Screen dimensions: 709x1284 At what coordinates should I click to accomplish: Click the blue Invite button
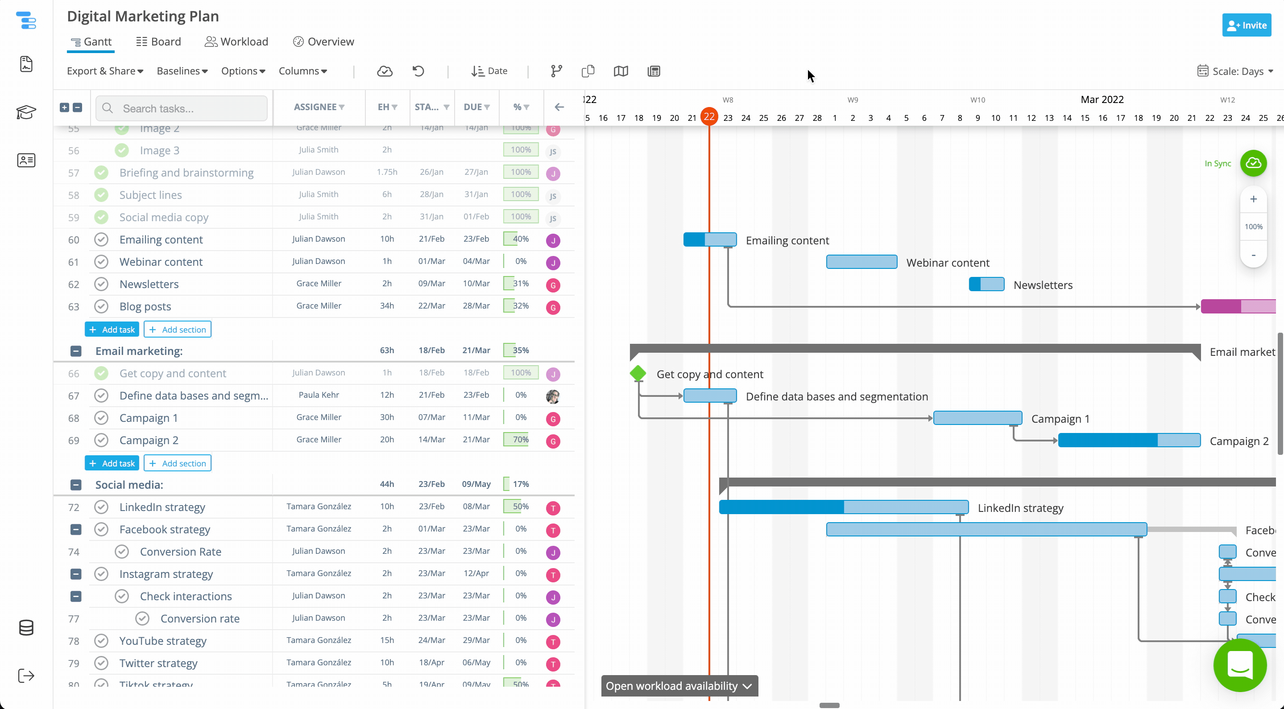coord(1246,25)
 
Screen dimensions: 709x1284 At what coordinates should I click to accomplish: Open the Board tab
coord(158,42)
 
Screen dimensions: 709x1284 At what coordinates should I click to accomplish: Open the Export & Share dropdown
coord(105,71)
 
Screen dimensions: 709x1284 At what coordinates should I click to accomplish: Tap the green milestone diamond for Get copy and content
coord(638,373)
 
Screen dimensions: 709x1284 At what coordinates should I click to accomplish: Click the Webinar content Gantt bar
coord(862,262)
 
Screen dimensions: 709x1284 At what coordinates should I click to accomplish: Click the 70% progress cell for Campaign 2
coord(520,440)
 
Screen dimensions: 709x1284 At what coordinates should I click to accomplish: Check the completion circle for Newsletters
coord(101,284)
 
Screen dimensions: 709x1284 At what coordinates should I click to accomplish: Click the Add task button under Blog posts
coord(112,330)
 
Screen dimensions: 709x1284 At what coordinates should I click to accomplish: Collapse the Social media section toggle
coord(76,485)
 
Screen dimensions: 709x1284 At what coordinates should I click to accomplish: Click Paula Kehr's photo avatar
coord(553,396)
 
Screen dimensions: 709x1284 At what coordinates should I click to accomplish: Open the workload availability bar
coord(679,686)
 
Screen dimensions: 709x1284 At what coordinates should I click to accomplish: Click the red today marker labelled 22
coord(709,117)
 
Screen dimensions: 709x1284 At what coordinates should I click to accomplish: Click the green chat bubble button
coord(1240,665)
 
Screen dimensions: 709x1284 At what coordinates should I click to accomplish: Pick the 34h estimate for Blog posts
coord(387,306)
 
